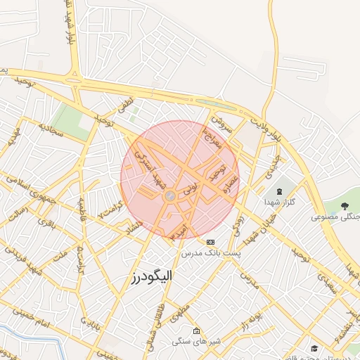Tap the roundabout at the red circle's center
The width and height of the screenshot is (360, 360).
pos(170,196)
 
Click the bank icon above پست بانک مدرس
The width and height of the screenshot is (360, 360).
pos(210,242)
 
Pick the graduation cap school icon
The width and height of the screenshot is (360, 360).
pos(314,348)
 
